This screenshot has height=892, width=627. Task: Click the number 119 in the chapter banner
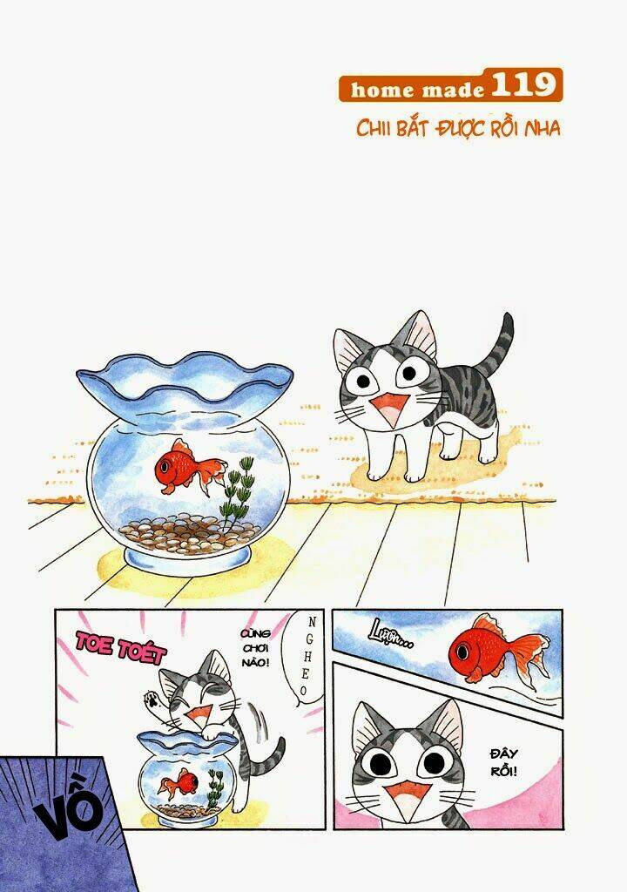pos(522,84)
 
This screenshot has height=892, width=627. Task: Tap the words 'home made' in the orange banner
pos(417,90)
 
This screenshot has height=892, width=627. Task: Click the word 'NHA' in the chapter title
pos(542,128)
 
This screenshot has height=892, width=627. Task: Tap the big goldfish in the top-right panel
pos(498,649)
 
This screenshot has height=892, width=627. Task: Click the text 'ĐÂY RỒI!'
pos(504,763)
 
